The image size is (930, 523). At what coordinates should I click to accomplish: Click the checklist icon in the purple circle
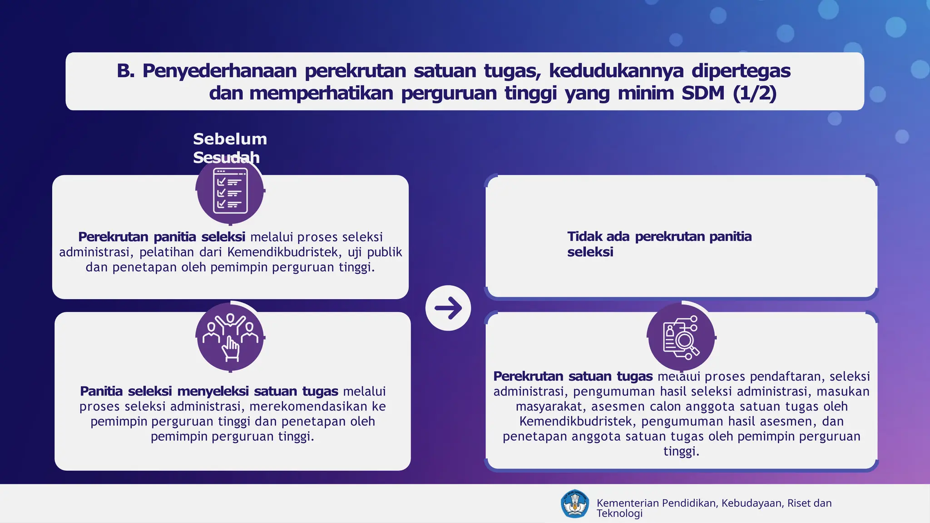click(230, 191)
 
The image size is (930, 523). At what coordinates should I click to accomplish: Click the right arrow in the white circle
click(448, 308)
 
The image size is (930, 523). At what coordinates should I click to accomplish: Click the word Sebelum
click(230, 139)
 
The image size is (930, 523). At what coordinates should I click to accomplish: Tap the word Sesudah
click(226, 158)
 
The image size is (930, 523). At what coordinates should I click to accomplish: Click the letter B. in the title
click(125, 71)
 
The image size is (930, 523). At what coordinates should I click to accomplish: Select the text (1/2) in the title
click(754, 93)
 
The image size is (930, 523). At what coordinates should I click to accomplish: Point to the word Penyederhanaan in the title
click(219, 71)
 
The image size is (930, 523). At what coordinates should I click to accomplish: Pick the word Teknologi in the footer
click(619, 513)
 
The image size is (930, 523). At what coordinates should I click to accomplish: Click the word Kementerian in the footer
click(628, 503)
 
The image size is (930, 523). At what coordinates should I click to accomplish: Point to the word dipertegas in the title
click(741, 71)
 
